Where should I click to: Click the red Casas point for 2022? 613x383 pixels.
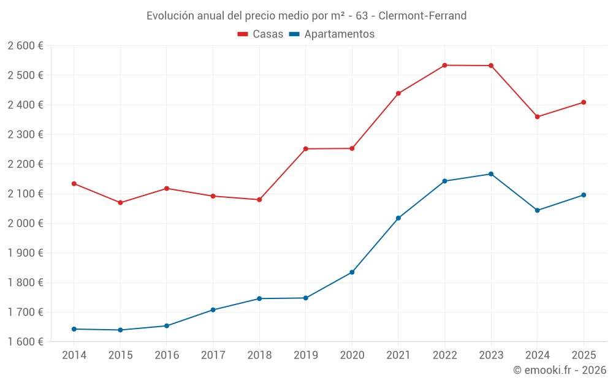tap(444, 65)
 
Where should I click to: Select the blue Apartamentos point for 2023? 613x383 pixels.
tap(491, 174)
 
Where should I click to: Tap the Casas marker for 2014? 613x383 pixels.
tap(74, 184)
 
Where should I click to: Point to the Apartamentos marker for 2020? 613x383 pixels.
tap(352, 272)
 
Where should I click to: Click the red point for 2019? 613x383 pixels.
tap(306, 149)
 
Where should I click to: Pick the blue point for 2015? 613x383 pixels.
tap(120, 330)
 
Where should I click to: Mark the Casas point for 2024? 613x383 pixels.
tap(538, 116)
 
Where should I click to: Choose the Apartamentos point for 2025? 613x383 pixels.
tap(584, 195)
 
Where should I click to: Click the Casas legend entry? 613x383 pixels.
tap(261, 34)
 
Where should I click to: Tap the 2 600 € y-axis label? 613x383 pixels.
tap(25, 46)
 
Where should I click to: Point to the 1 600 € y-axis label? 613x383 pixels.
tap(25, 341)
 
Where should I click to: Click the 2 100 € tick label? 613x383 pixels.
tap(25, 194)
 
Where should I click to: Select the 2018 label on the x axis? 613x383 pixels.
tap(259, 355)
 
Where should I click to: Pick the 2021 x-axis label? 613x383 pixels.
tap(398, 355)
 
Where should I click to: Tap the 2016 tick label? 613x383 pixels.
tap(167, 355)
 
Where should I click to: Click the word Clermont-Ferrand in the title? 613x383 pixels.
tap(422, 15)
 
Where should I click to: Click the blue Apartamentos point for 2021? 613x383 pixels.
tap(398, 218)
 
